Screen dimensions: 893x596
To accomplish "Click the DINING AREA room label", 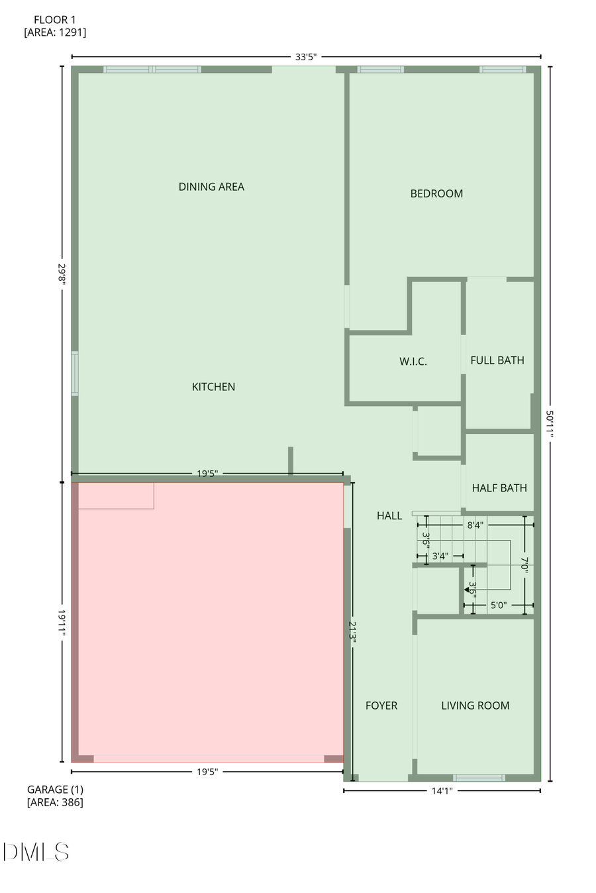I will tap(211, 187).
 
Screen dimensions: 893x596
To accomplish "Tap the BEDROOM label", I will tap(436, 193).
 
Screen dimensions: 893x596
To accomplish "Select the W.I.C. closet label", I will tap(413, 362).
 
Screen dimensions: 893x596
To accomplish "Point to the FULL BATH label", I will tap(497, 360).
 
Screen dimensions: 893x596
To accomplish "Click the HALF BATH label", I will tap(499, 488).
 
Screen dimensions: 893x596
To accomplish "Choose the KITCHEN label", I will tap(213, 387).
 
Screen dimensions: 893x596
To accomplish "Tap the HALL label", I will tap(389, 516).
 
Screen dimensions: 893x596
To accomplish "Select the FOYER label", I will tap(381, 706).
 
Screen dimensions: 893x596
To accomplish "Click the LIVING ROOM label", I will tap(475, 706).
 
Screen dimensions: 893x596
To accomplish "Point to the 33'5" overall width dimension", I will tap(305, 57).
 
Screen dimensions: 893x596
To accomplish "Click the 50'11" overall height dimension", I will tap(550, 424).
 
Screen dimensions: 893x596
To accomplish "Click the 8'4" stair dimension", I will tap(475, 525).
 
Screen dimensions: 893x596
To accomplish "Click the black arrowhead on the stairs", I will tap(468, 589).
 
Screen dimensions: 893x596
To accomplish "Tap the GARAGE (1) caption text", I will tap(55, 790).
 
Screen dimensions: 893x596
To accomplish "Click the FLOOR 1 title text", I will tap(55, 20).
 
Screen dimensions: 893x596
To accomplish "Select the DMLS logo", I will tap(36, 852).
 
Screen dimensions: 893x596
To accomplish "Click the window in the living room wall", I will tap(479, 778).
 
